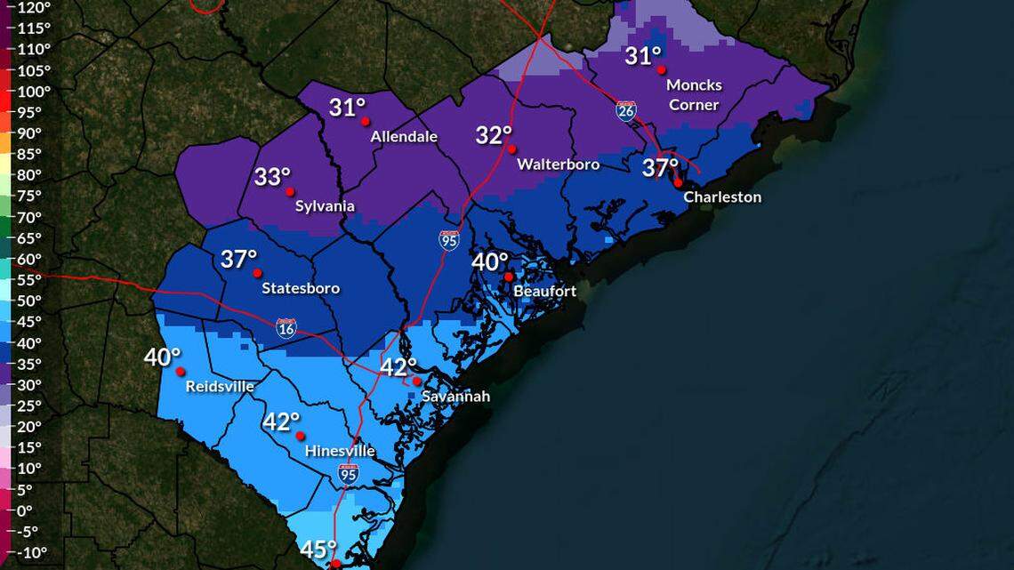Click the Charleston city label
[x=721, y=197]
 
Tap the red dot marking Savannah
[x=417, y=381]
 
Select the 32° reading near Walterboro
[x=493, y=135]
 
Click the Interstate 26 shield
[x=625, y=110]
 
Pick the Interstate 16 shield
[x=286, y=327]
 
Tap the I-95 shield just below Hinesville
[x=348, y=474]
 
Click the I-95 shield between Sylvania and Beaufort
[x=448, y=239]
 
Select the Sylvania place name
[x=325, y=206]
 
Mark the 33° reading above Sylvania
[x=272, y=177]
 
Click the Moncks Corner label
[x=694, y=94]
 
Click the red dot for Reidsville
[x=180, y=372]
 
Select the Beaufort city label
[x=544, y=291]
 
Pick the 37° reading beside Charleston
[x=660, y=167]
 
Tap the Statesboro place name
[x=301, y=288]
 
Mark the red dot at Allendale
[x=366, y=122]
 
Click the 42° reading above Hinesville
[x=281, y=421]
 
